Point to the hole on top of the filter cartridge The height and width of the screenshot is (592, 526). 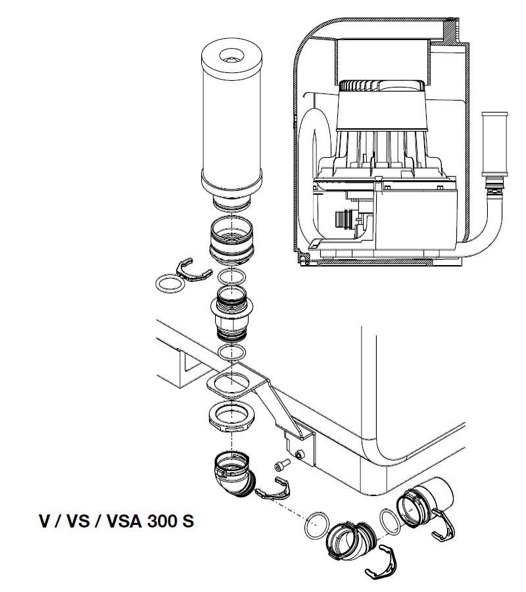pyautogui.click(x=231, y=57)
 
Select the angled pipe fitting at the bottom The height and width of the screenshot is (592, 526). pyautogui.click(x=350, y=540)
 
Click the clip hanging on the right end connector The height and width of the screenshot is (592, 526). pyautogui.click(x=444, y=529)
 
